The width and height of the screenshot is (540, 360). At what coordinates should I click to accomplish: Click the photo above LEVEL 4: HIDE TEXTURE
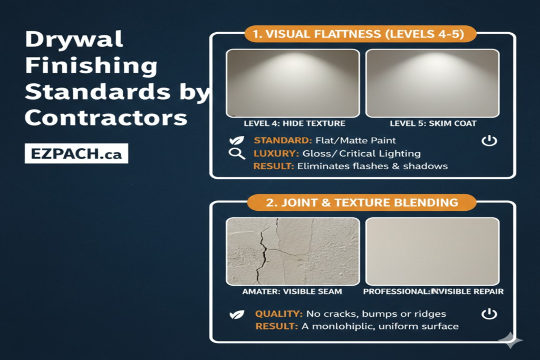tap(293, 83)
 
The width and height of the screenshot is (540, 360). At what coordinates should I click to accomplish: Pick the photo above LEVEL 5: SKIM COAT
tap(432, 83)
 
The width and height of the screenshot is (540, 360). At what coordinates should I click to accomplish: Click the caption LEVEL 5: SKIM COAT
tap(432, 123)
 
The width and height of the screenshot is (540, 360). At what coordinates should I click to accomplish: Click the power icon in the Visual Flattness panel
tap(489, 141)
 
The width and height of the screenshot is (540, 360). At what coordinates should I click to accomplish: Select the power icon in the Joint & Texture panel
tap(489, 314)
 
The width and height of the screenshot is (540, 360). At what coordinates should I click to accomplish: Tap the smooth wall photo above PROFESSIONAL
tap(432, 251)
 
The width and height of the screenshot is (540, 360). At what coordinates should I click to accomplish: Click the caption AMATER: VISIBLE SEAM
tap(292, 291)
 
